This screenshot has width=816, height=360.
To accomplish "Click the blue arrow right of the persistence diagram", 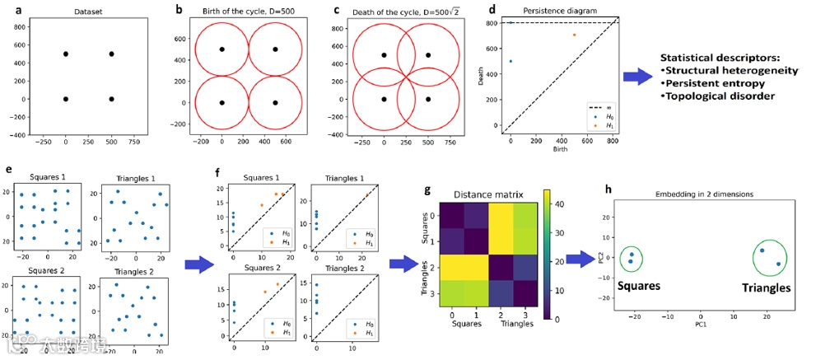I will coord(636,77).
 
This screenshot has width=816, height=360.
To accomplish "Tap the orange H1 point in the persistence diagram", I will coord(575,35).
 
